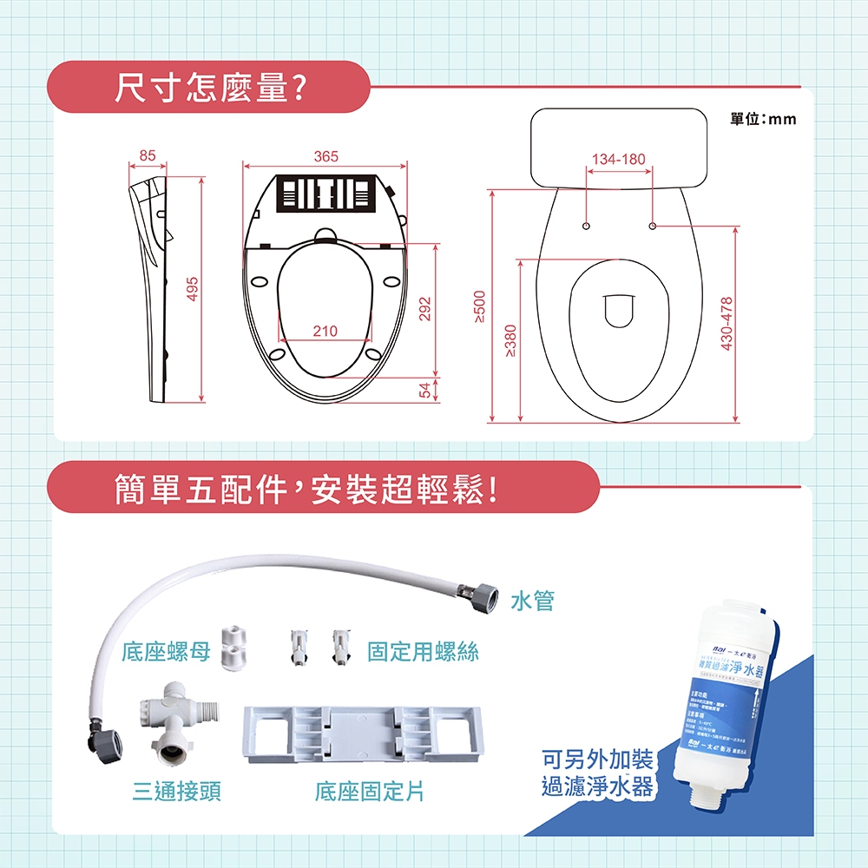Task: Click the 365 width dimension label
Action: [325, 156]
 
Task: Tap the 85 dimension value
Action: [148, 156]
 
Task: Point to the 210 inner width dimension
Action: [325, 332]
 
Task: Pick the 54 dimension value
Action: [425, 391]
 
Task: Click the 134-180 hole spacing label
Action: [618, 160]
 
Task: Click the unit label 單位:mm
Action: [763, 119]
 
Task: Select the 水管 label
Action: [532, 600]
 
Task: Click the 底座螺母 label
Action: [166, 652]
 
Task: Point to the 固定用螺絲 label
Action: [423, 652]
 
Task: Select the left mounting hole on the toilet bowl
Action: [586, 226]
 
